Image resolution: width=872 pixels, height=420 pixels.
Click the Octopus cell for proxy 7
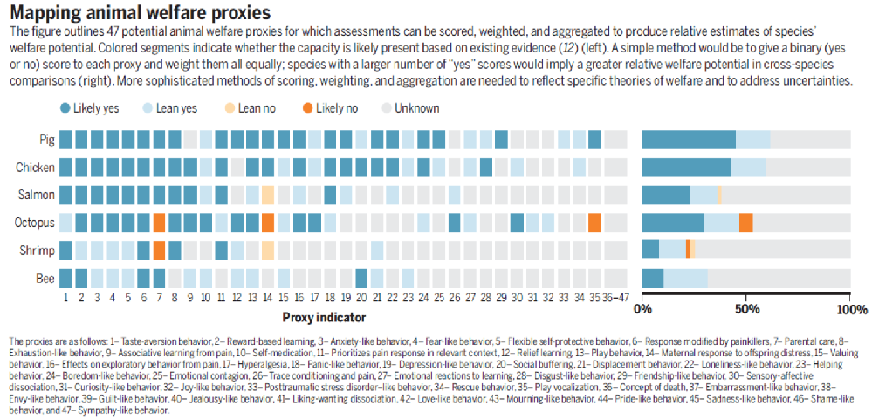tap(159, 223)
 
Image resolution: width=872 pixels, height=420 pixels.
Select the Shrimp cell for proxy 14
tap(268, 251)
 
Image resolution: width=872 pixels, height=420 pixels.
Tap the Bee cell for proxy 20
tap(361, 279)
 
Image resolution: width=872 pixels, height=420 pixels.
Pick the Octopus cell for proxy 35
tap(594, 223)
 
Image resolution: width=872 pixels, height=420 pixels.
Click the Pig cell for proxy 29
tap(501, 140)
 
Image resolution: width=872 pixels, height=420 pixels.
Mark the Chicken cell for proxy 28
tap(485, 167)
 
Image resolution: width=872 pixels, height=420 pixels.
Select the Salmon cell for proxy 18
tap(330, 195)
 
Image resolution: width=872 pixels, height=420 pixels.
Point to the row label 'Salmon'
tap(38, 195)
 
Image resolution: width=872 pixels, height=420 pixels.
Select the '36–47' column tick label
tap(615, 298)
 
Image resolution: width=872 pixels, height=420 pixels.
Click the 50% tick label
tap(746, 309)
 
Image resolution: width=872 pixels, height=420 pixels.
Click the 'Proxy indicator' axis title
tap(324, 317)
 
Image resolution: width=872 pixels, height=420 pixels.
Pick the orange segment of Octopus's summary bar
tap(746, 223)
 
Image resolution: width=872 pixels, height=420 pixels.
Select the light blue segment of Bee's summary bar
tap(685, 279)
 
